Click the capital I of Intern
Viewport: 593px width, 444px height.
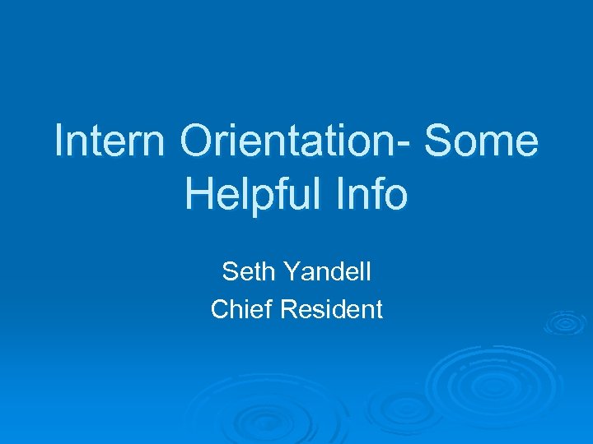coord(59,141)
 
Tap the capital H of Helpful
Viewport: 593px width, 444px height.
coord(200,195)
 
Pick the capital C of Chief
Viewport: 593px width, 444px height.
coord(221,309)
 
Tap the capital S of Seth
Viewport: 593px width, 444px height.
coord(230,271)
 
